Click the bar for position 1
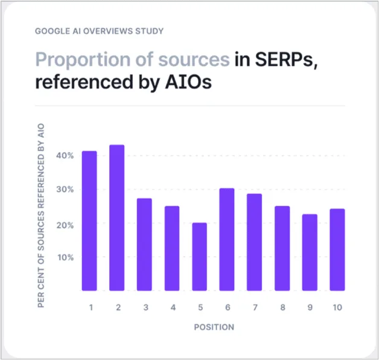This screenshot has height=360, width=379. (89, 220)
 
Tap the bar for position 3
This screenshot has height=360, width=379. (144, 244)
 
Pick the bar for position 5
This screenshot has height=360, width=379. (200, 257)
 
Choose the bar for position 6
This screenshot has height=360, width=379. (227, 239)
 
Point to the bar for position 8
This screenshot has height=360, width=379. (282, 248)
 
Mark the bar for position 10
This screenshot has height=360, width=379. (337, 249)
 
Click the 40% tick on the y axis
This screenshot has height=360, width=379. (66, 155)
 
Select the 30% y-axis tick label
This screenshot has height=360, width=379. (66, 190)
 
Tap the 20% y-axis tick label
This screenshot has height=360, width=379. (66, 225)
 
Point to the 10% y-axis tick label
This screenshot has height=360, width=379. (66, 257)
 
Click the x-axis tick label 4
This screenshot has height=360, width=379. (173, 307)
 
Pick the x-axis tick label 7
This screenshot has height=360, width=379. (255, 307)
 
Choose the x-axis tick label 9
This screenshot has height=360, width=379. (310, 307)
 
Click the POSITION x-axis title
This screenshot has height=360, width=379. (214, 327)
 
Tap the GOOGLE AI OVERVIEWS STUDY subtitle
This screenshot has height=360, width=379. (100, 30)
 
